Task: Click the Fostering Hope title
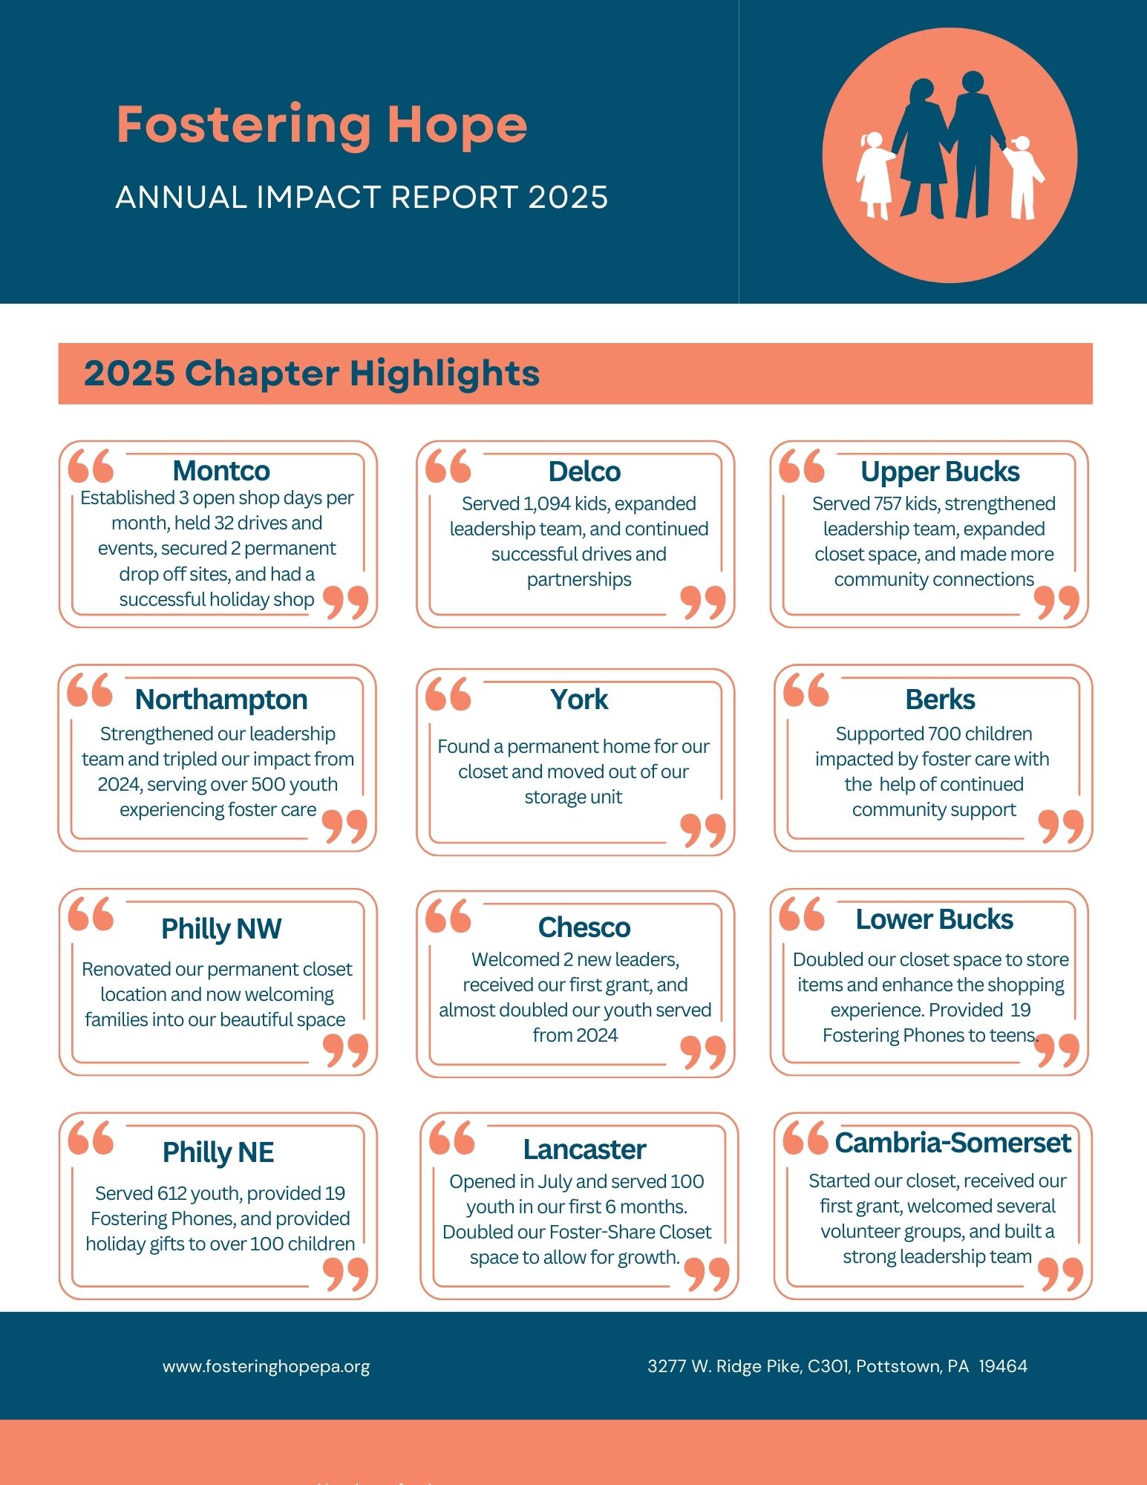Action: pyautogui.click(x=321, y=125)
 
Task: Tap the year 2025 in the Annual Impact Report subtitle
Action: pyautogui.click(x=568, y=198)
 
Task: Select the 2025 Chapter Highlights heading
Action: pyautogui.click(x=312, y=373)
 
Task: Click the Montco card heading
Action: pyautogui.click(x=221, y=471)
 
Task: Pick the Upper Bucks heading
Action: pyautogui.click(x=940, y=471)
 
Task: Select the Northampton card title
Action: pyautogui.click(x=221, y=699)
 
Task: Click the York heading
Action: pyautogui.click(x=579, y=699)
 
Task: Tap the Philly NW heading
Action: pyautogui.click(x=221, y=929)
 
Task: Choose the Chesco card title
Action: pyautogui.click(x=584, y=927)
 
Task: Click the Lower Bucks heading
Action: pyautogui.click(x=934, y=920)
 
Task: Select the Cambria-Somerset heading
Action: pyautogui.click(x=952, y=1143)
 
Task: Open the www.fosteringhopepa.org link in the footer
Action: pyautogui.click(x=266, y=1366)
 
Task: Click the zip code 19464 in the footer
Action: pyautogui.click(x=1003, y=1366)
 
